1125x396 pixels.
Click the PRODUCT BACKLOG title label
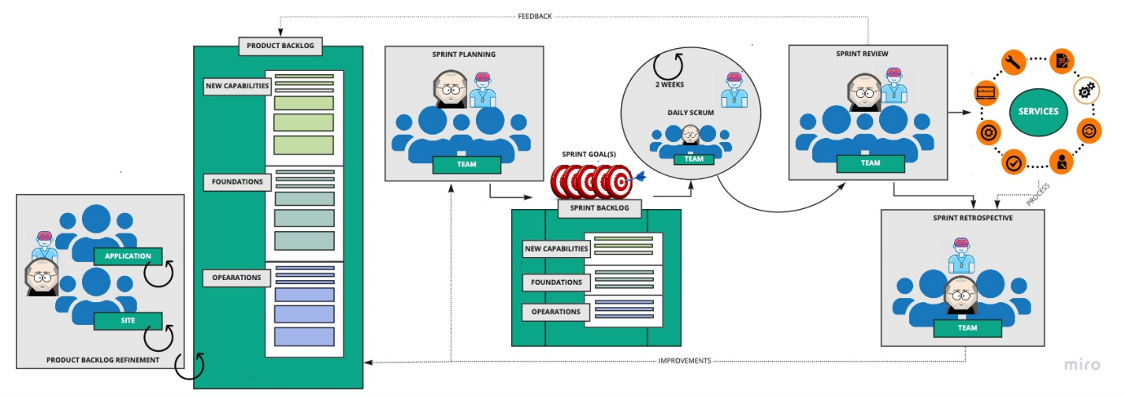[280, 46]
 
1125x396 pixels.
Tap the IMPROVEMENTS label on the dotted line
[685, 361]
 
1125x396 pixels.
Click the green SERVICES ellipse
[1038, 111]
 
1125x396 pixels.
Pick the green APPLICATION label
[128, 256]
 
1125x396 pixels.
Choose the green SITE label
[128, 320]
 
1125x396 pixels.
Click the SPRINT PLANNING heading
[463, 54]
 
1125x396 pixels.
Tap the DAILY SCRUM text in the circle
[691, 113]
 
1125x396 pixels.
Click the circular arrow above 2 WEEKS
[672, 64]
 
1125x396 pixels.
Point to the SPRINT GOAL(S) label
[588, 154]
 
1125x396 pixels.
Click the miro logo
[1082, 364]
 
